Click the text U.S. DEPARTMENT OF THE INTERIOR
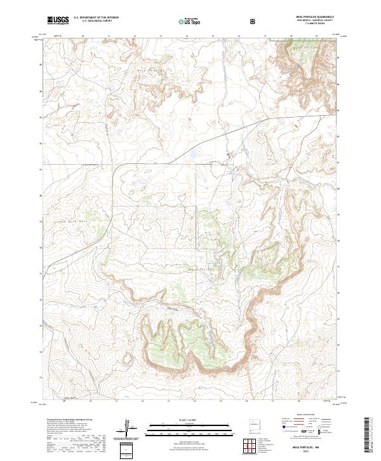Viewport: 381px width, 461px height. pos(96,18)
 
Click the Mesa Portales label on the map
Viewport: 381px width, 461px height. pos(200,269)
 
